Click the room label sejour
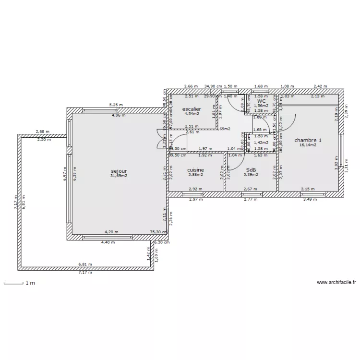(x=119, y=171)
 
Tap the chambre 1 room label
(x=308, y=140)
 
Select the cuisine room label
(x=196, y=170)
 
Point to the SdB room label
(x=251, y=170)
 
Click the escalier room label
(x=192, y=109)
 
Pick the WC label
(x=261, y=101)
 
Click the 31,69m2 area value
(x=119, y=176)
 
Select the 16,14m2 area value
(x=308, y=145)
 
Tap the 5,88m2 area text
(x=196, y=175)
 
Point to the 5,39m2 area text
(x=251, y=175)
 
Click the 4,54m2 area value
(x=192, y=114)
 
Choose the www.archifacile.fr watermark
(x=336, y=283)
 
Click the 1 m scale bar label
(x=30, y=283)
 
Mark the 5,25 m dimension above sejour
(x=116, y=105)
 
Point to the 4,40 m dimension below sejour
(x=108, y=242)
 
